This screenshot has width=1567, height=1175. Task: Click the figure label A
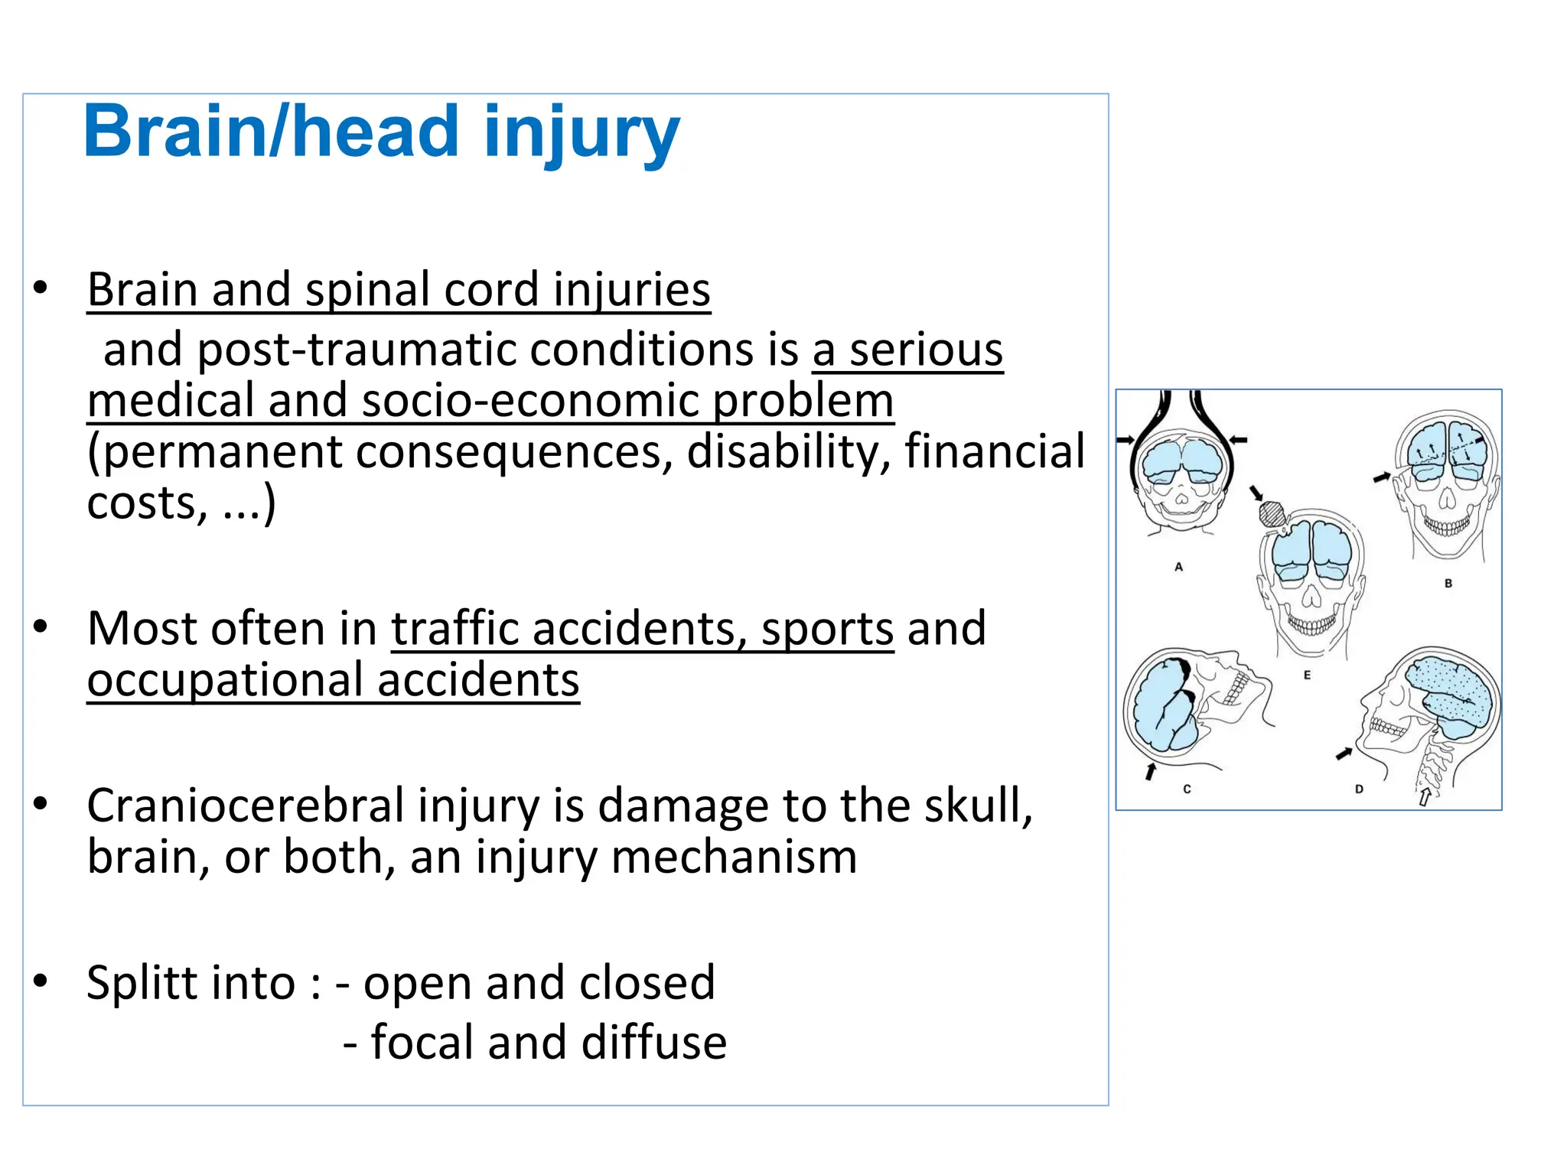tap(1178, 567)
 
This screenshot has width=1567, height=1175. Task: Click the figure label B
tap(1448, 583)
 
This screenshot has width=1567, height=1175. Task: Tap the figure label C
tap(1187, 789)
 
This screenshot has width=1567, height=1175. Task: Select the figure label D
tap(1359, 789)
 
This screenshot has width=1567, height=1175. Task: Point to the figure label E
tap(1307, 675)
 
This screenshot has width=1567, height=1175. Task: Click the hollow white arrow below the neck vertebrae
tap(1425, 797)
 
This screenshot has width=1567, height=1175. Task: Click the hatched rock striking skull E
tap(1271, 513)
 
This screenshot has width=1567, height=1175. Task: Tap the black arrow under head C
tap(1150, 771)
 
